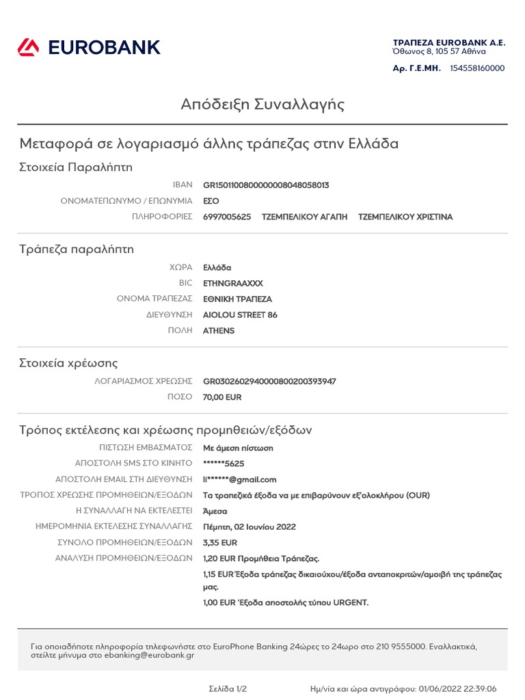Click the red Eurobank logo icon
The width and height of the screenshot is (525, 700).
[x=29, y=47]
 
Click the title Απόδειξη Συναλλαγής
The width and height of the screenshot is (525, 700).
[x=262, y=105]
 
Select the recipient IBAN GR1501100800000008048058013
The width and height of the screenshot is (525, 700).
[x=266, y=185]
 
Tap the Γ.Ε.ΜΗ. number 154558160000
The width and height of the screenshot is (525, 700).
[x=477, y=68]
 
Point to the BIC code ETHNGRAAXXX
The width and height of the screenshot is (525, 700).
[x=232, y=283]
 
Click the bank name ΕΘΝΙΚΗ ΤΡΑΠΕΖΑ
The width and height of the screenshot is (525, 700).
[x=237, y=299]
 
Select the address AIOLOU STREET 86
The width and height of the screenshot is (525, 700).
[x=240, y=315]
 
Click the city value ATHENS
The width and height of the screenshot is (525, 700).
[x=219, y=331]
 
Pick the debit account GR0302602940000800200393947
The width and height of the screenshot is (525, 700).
[x=269, y=381]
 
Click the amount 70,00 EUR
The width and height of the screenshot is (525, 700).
[x=222, y=397]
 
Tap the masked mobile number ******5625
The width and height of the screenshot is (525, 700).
[x=224, y=464]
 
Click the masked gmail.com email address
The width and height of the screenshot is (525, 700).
[x=239, y=480]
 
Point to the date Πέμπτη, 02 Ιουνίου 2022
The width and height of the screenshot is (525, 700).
[x=250, y=527]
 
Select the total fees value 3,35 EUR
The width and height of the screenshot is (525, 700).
[x=220, y=543]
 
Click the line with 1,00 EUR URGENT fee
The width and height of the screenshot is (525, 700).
[x=286, y=603]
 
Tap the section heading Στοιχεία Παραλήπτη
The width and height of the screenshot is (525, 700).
[x=76, y=167]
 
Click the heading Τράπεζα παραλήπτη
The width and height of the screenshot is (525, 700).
[x=77, y=250]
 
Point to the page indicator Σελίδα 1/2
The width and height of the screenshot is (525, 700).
[x=228, y=688]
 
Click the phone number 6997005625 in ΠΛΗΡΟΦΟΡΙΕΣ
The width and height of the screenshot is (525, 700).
[x=227, y=217]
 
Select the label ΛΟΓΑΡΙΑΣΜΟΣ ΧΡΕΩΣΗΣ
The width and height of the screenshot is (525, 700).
[x=144, y=381]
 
